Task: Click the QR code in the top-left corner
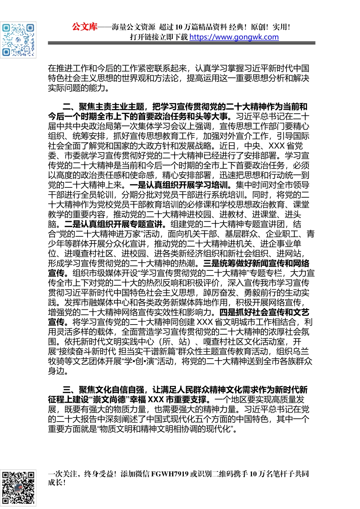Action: pyautogui.click(x=18, y=40)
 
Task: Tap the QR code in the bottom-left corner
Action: pyautogui.click(x=18, y=488)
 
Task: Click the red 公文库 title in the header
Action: pyautogui.click(x=85, y=27)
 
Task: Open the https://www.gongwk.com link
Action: pyautogui.click(x=234, y=37)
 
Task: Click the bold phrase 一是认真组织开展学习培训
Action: pyautogui.click(x=179, y=185)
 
